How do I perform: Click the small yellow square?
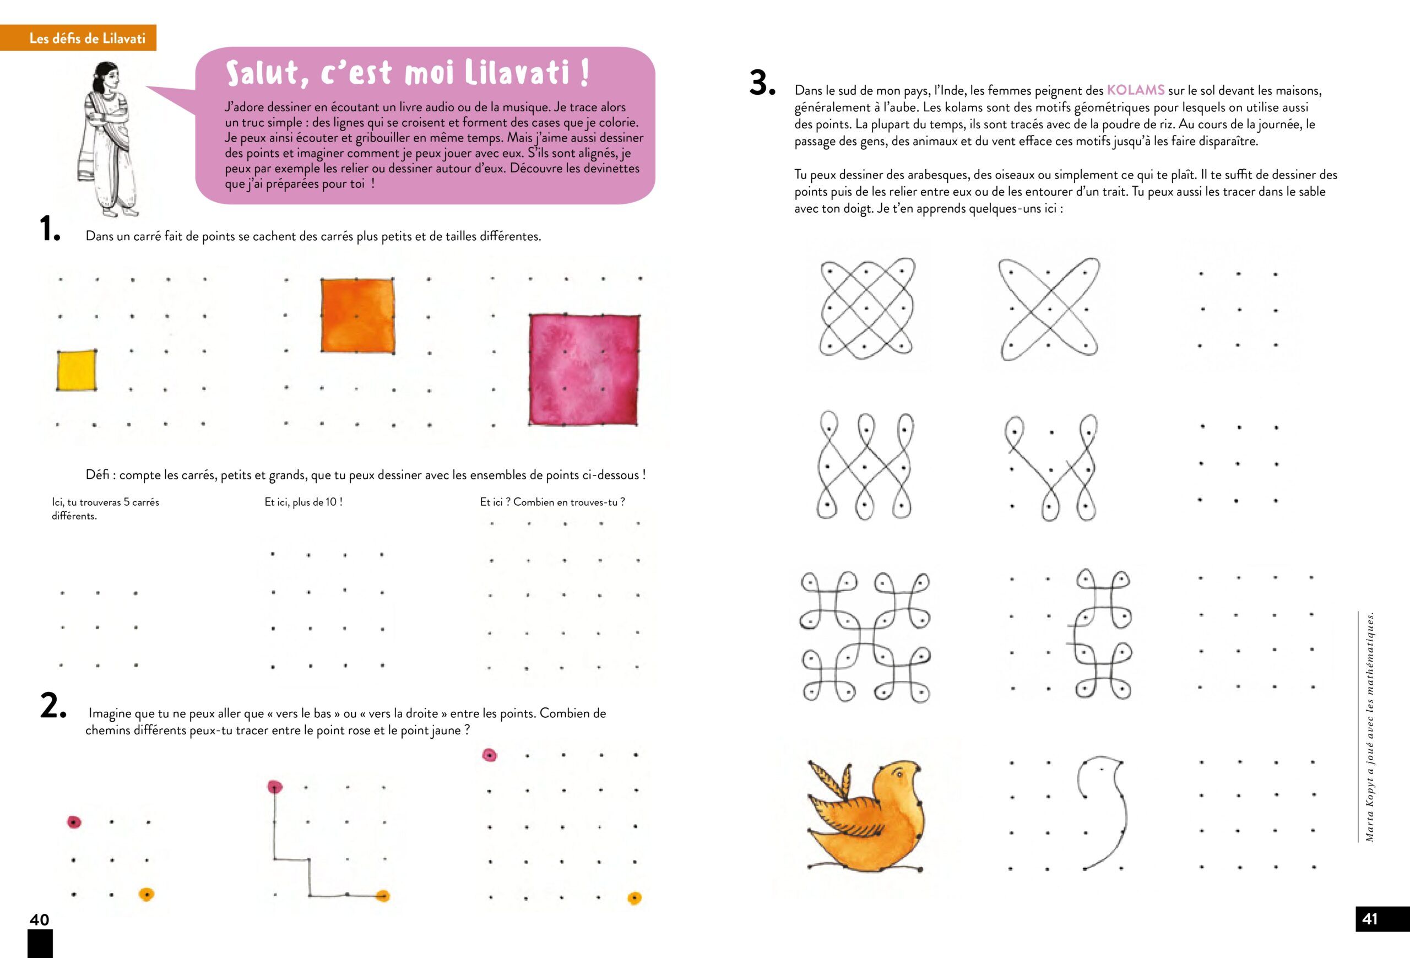77,370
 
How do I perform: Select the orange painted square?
357,316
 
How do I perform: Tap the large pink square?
584,370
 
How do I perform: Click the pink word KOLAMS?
1135,90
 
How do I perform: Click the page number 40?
40,919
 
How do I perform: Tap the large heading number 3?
762,83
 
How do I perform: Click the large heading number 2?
52,706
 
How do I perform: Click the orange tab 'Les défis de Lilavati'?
88,38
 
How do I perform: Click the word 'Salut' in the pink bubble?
262,73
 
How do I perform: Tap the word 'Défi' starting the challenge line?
97,475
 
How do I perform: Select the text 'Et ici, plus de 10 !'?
303,502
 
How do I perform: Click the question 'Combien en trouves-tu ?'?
568,502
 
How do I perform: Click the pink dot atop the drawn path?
275,787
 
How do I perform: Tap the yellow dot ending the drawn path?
382,896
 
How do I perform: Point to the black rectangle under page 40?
40,944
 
